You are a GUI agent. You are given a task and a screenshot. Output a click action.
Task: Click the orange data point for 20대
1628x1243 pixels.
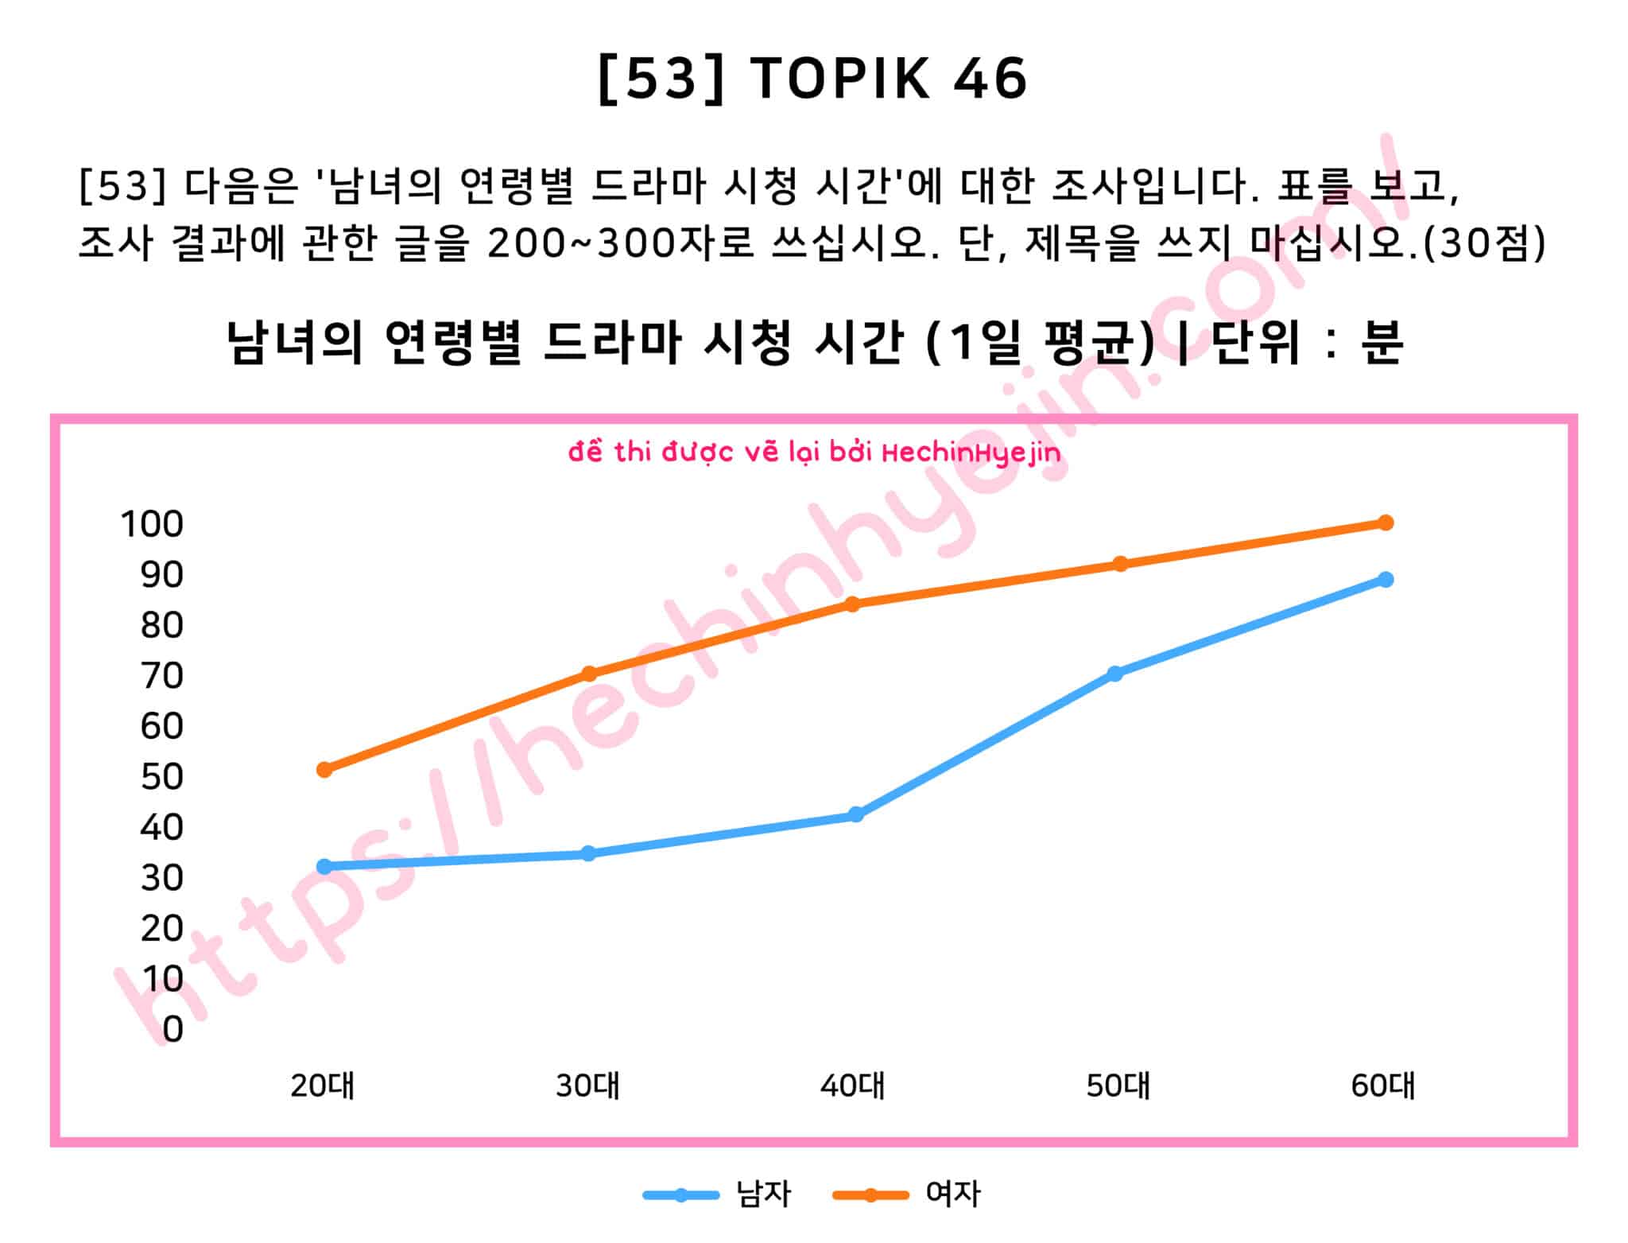(324, 769)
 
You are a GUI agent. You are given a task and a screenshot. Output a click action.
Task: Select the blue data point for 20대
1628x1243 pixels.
(324, 866)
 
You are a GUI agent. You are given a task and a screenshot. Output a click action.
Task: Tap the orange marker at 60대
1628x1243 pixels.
(1385, 522)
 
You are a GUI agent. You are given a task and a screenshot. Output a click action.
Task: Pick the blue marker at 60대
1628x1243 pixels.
(1385, 579)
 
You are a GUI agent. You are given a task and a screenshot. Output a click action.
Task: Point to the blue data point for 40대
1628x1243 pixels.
(855, 814)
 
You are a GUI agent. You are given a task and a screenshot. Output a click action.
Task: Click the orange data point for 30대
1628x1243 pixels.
(589, 674)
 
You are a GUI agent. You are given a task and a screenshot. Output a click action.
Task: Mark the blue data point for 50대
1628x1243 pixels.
(1115, 674)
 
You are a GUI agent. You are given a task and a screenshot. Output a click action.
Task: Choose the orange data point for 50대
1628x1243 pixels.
(1120, 564)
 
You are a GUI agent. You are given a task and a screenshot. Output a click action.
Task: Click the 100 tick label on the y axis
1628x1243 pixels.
(152, 524)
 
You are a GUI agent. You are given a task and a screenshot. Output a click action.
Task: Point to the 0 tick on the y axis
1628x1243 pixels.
(172, 1029)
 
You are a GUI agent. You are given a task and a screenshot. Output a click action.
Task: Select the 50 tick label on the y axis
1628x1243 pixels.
(162, 777)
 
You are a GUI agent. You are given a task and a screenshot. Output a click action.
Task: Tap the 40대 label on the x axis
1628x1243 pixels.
(853, 1086)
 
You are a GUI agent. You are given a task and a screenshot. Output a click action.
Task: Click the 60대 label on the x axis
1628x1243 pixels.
(1383, 1086)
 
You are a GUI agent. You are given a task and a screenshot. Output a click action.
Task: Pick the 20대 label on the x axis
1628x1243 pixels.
(323, 1086)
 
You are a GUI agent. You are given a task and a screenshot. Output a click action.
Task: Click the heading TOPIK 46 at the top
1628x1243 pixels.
(888, 79)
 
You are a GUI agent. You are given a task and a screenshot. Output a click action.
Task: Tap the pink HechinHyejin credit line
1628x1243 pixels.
(814, 453)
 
